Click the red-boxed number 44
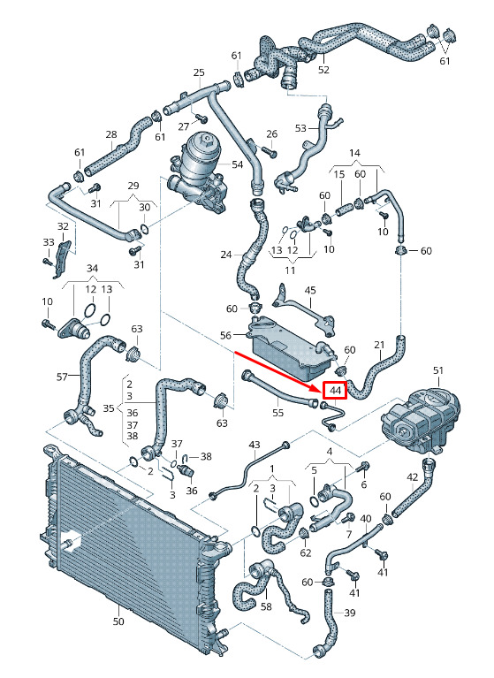tap(336, 391)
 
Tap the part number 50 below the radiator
tap(118, 621)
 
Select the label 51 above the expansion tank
tap(438, 370)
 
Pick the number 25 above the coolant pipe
tap(198, 72)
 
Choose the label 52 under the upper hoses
tap(323, 70)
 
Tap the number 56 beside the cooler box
tap(225, 335)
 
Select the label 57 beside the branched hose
tap(62, 377)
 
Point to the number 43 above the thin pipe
tap(255, 444)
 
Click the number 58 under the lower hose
tap(266, 606)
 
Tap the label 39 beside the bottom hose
tap(350, 613)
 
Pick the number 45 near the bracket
tap(310, 290)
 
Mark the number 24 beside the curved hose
tap(226, 255)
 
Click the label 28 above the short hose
tap(111, 134)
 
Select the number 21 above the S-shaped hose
tap(379, 345)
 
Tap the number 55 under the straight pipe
tap(277, 413)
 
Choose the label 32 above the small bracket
tap(63, 226)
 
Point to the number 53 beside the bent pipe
tap(300, 128)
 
